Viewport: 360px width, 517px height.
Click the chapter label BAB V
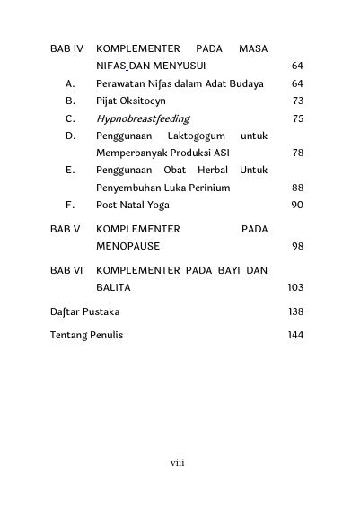[x=65, y=229]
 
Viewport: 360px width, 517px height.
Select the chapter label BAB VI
[x=66, y=269]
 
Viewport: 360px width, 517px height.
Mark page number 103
[x=294, y=287]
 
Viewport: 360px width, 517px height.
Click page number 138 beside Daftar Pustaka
[x=294, y=311]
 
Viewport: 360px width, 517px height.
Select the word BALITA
[x=114, y=287]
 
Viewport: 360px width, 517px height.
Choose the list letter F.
[x=70, y=205]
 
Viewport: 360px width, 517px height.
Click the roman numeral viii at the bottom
[x=179, y=463]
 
